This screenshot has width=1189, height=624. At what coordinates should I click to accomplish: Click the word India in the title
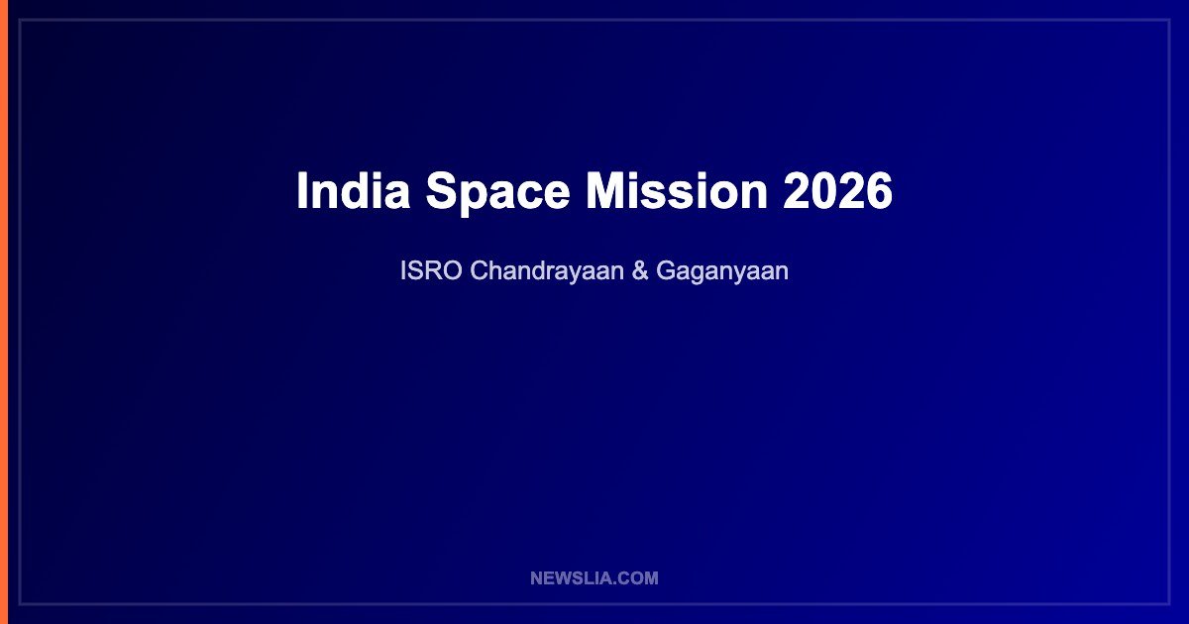point(354,190)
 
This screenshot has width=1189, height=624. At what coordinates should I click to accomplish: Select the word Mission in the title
point(677,190)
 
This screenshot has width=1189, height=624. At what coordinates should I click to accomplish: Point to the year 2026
point(837,190)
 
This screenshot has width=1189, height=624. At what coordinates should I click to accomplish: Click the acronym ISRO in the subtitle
point(431,270)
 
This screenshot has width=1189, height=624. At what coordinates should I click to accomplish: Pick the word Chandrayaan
point(547,271)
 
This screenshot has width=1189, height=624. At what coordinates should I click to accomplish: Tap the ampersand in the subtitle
point(640,270)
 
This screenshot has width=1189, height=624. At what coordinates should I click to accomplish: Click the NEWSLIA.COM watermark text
point(594,577)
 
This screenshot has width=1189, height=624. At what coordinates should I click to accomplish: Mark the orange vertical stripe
point(4,312)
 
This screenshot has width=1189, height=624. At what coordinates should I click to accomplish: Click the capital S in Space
point(444,190)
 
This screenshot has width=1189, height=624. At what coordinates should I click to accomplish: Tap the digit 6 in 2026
point(879,190)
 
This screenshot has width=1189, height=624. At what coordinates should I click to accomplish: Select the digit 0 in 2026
point(823,190)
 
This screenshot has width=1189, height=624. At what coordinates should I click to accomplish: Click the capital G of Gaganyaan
point(667,270)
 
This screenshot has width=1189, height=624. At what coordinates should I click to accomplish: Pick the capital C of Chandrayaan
point(481,270)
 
